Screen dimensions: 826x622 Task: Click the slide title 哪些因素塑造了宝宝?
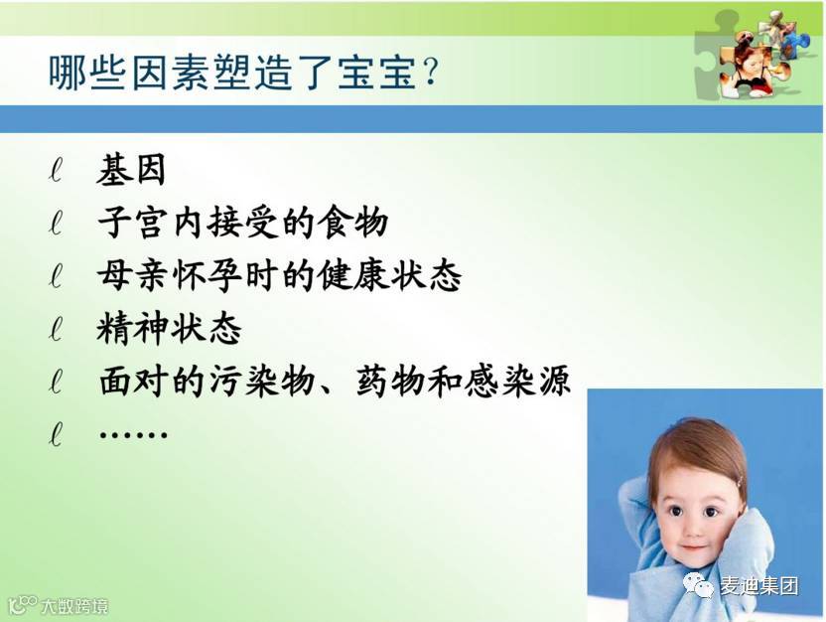243,72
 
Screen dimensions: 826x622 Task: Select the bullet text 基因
131,170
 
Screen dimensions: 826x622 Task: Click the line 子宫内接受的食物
243,222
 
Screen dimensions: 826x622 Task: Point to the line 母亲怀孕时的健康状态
280,275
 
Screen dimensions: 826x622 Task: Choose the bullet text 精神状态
169,329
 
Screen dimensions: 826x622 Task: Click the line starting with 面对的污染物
335,381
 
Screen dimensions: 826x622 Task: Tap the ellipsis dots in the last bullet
133,435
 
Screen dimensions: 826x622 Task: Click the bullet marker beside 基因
56,170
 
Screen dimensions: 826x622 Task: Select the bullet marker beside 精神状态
56,329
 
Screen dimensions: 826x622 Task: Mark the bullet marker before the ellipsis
56,434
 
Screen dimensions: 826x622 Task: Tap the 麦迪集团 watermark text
759,585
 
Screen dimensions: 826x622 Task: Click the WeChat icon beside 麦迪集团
699,585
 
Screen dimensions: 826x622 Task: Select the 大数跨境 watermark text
74,606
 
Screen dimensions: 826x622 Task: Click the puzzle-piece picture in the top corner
755,56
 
